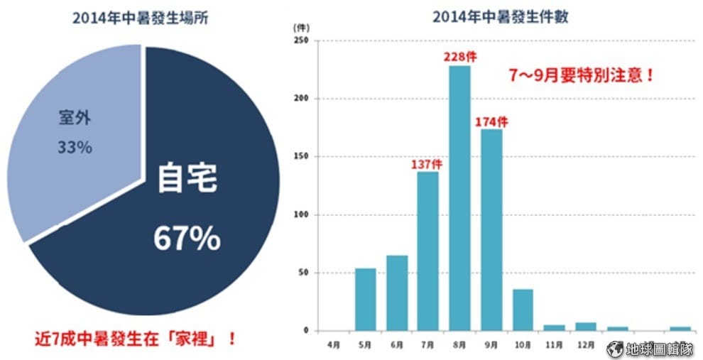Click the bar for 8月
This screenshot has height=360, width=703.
click(459, 198)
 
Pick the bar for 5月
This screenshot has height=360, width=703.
click(365, 299)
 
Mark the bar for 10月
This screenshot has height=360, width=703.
click(522, 310)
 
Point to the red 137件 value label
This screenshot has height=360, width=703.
click(426, 163)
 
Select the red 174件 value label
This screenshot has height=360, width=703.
click(492, 120)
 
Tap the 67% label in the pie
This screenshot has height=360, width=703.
click(187, 239)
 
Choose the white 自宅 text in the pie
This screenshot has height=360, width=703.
click(187, 179)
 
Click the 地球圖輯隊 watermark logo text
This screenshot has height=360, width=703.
click(658, 349)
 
